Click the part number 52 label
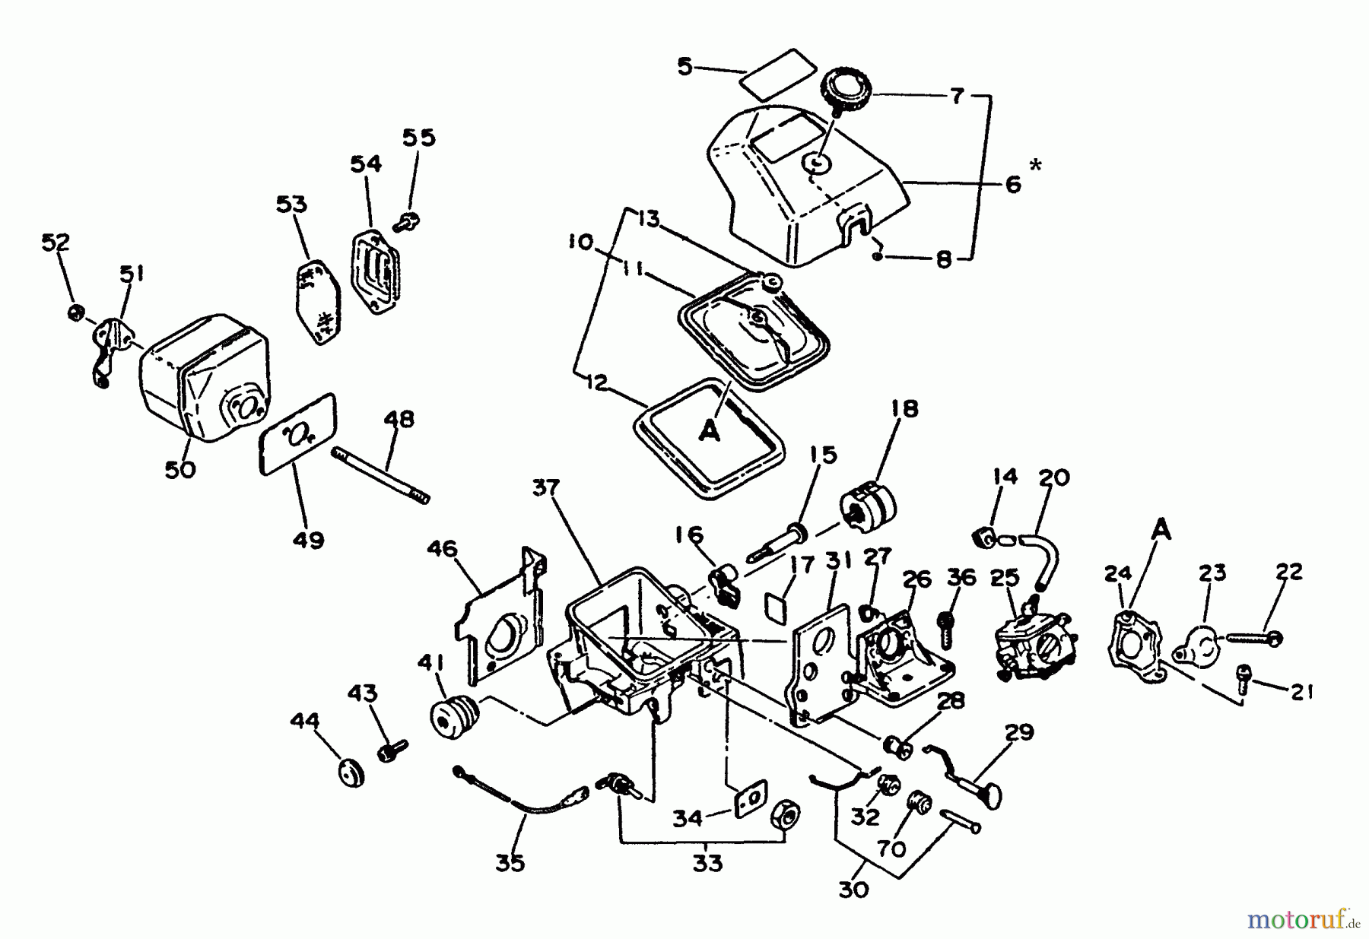click(56, 243)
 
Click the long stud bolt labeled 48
click(380, 475)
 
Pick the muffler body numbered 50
click(205, 376)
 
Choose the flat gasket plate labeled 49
click(298, 433)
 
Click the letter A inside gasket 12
click(709, 431)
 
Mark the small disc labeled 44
click(351, 772)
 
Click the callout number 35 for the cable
click(510, 864)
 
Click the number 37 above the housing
click(546, 487)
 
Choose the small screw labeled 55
click(406, 221)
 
